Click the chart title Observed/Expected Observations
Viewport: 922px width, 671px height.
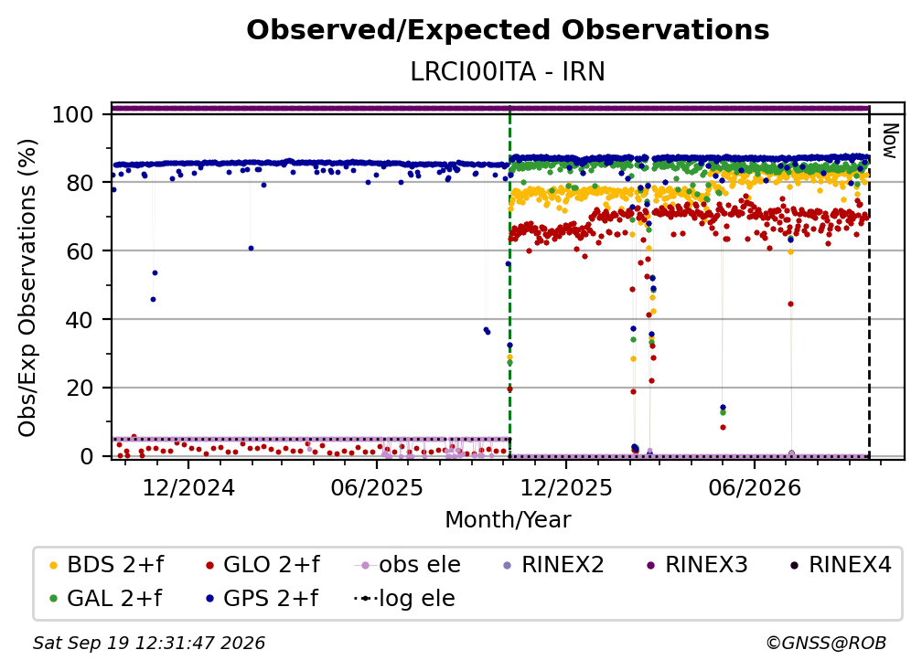pos(508,30)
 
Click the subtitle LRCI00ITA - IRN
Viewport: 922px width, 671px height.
pos(508,71)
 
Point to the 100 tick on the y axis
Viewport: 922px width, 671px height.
pos(73,114)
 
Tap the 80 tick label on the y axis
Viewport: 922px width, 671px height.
pos(80,183)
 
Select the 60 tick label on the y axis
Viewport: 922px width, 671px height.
pos(80,250)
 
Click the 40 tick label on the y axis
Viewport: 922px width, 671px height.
pos(80,320)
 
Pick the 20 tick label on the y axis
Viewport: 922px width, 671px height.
pos(80,388)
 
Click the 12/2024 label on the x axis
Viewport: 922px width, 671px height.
pos(188,487)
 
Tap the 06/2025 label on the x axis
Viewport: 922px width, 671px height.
pos(377,487)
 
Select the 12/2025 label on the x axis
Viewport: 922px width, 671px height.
pos(566,487)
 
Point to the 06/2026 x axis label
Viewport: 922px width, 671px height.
pos(755,487)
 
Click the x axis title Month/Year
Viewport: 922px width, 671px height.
pos(508,520)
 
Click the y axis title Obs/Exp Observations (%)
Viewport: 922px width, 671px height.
pos(27,287)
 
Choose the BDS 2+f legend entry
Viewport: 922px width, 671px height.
pos(106,565)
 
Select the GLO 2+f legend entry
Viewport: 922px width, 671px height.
pos(263,565)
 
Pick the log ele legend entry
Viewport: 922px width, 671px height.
pos(404,599)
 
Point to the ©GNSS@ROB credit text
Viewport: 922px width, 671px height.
pos(826,643)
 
